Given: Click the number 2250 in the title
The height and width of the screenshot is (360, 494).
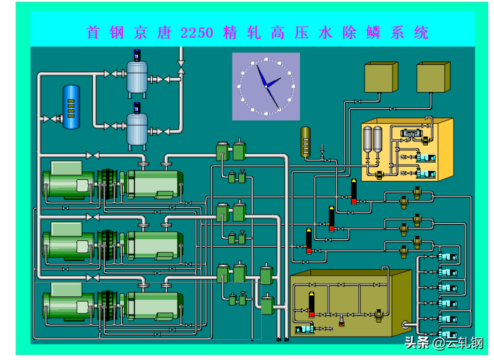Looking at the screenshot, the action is (x=197, y=33).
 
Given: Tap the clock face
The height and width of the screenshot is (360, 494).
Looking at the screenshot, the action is (x=266, y=87).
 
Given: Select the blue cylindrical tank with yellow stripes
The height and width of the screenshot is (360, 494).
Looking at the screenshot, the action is (x=71, y=107).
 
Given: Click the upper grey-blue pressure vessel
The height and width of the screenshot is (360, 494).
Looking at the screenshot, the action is (x=137, y=77).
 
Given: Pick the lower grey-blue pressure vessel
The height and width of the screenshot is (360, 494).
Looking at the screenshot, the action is (x=137, y=130).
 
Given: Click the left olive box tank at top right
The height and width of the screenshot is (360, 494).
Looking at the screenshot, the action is (x=381, y=77).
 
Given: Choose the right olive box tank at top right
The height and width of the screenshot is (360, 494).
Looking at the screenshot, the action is (x=433, y=77).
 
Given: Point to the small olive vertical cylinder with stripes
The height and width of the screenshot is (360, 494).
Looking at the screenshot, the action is (x=306, y=142).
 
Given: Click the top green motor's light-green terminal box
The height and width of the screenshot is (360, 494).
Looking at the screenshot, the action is (x=67, y=168).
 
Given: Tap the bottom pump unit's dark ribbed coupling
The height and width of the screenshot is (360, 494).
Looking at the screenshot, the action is (x=107, y=306).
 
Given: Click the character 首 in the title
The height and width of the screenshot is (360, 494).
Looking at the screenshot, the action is (x=93, y=33).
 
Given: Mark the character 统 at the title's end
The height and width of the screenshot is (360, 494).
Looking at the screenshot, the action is (x=421, y=33).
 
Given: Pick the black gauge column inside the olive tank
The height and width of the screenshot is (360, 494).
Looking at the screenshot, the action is (x=312, y=304).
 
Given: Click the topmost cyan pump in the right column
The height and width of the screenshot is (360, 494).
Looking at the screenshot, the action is (x=447, y=257).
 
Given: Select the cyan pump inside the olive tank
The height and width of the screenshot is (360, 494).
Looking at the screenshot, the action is (x=304, y=329).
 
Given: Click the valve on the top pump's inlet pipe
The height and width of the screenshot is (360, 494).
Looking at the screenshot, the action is (x=93, y=155).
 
